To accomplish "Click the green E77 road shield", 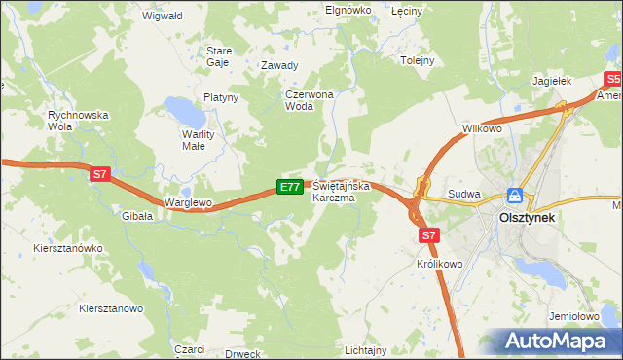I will (289, 186).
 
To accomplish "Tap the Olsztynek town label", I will (527, 219).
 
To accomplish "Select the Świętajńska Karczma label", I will (333, 191).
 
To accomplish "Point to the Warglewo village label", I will (189, 202).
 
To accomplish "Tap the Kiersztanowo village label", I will (111, 308).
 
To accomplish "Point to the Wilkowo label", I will (482, 128).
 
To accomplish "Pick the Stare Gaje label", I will (218, 55).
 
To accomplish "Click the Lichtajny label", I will (366, 349).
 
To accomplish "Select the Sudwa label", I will (464, 194).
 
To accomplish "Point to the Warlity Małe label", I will (199, 140).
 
